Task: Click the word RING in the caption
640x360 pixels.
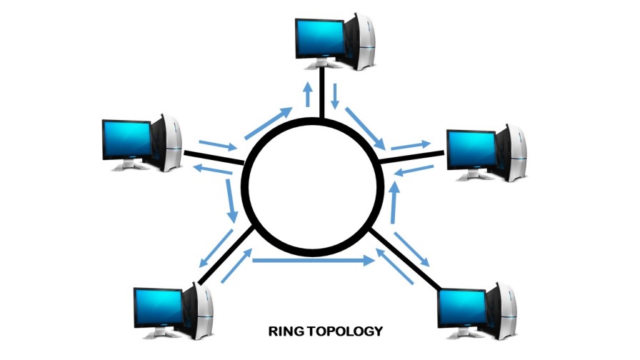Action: click(284, 331)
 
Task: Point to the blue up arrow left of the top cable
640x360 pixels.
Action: click(307, 94)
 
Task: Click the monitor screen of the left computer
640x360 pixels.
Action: click(126, 139)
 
